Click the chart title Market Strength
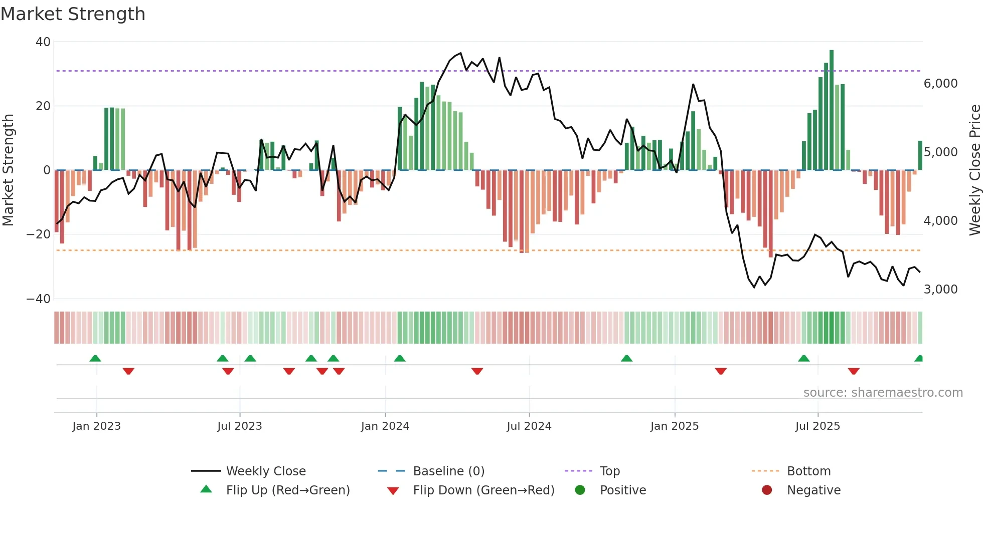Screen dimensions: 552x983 (x=73, y=14)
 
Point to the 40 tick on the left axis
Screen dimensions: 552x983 (x=43, y=42)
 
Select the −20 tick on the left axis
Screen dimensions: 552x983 (x=39, y=234)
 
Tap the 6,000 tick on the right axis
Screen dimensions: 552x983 (x=940, y=84)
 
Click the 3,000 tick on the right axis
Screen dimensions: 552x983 (x=940, y=290)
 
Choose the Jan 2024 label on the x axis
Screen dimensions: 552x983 (x=385, y=426)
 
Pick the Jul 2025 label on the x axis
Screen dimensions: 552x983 (x=817, y=426)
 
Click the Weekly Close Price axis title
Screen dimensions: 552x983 (x=974, y=170)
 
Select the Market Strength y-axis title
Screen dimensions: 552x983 (x=9, y=170)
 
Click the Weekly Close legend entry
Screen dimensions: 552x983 (x=265, y=471)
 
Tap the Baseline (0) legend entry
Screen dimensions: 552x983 (x=448, y=471)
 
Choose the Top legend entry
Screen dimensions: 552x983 (x=609, y=471)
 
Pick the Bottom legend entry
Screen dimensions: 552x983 (x=808, y=471)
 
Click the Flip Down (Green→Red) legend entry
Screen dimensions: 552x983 (x=483, y=490)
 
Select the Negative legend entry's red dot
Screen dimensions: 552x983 (x=766, y=490)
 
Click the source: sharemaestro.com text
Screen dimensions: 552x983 (x=883, y=393)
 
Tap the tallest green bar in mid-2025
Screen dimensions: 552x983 (x=831, y=110)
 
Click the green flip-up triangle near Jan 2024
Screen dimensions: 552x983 (x=399, y=358)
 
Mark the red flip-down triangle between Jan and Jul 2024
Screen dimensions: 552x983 (x=477, y=371)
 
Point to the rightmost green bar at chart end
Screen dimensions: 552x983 (x=920, y=155)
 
